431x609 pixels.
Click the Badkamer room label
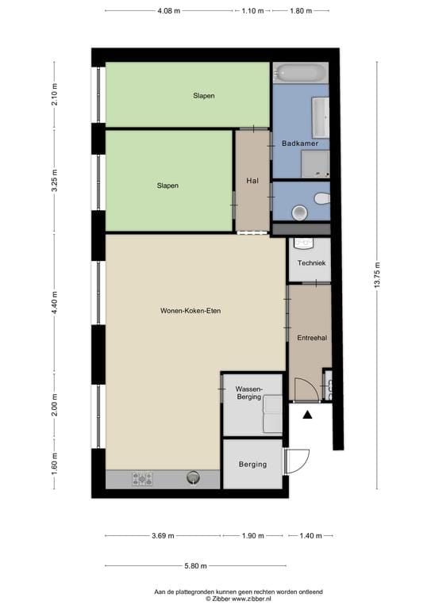(x=300, y=144)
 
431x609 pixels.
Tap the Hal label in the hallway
(x=252, y=181)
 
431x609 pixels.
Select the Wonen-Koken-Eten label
(x=190, y=311)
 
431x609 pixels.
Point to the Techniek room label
(x=311, y=263)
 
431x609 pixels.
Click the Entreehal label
(x=312, y=338)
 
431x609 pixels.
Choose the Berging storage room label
(x=252, y=465)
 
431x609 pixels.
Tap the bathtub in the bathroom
(x=301, y=73)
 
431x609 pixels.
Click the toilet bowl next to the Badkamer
(x=322, y=198)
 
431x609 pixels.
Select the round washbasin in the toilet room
(x=300, y=213)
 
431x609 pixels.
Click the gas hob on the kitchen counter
(x=142, y=478)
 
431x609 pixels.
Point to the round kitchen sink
(x=193, y=477)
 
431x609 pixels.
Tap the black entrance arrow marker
(x=307, y=416)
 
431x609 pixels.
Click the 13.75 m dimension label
(x=377, y=275)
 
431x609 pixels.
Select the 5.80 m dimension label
(x=195, y=566)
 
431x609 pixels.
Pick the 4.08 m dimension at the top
(x=168, y=11)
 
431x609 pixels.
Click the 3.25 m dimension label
(x=55, y=181)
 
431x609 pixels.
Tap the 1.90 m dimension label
(x=253, y=536)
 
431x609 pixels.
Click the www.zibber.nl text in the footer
(x=252, y=599)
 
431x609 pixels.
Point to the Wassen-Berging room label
(x=249, y=393)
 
